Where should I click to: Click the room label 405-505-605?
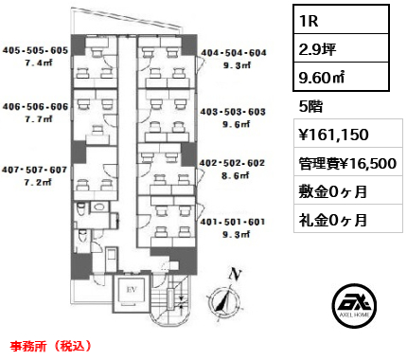coord(35,50)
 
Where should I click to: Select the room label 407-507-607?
coord(34,170)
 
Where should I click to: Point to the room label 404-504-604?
coord(234,53)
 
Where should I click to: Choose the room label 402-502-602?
coord(232,163)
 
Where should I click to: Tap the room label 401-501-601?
coord(233,222)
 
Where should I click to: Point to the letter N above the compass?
coord(235,274)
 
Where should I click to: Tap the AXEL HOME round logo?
coord(354,306)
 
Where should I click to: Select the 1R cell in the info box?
coord(341,20)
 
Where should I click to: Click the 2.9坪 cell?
coord(341,48)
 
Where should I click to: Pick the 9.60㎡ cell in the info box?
coord(341,77)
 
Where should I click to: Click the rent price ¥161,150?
coord(348,134)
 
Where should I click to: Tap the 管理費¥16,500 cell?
coord(348,162)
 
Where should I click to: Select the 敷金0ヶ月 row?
coord(348,190)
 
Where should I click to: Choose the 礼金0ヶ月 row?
coord(348,219)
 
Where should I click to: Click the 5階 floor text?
coord(310,106)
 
